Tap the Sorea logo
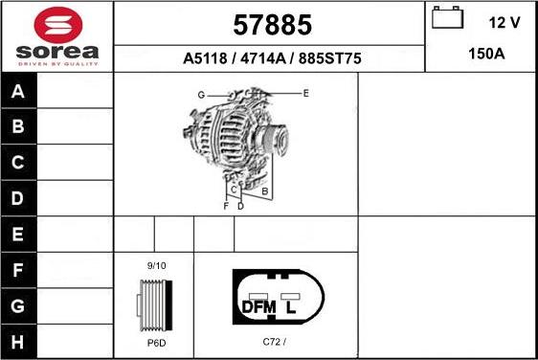56,35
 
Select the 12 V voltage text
504,21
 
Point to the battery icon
445,19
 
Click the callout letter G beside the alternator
202,95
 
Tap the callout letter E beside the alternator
305,93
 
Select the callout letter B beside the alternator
264,191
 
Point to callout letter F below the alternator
226,206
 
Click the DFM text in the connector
258,307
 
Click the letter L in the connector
291,307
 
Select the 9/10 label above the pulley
156,265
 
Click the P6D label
155,342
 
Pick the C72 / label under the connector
275,342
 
